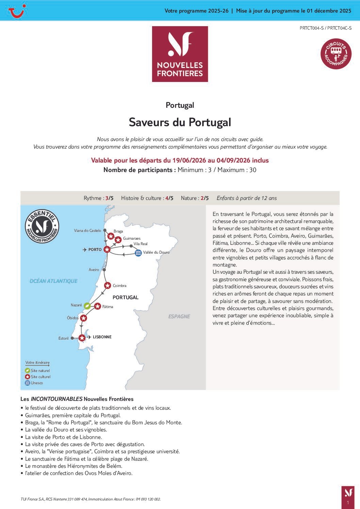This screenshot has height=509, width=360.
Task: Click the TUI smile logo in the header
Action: (17, 11)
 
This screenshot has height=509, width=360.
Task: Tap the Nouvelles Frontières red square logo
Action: (180, 54)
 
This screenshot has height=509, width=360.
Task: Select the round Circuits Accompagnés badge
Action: (336, 53)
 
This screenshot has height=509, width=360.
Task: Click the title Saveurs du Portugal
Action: (180, 122)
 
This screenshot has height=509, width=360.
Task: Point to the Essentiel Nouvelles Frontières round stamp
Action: (42, 226)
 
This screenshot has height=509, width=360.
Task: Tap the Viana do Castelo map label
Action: (87, 231)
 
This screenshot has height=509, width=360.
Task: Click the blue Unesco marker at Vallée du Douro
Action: (138, 253)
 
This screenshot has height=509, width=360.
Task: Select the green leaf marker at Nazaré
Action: (87, 306)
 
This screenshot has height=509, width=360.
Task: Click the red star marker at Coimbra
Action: (108, 286)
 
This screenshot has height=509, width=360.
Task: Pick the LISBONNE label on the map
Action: (102, 337)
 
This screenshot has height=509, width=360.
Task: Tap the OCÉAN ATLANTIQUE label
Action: (53, 281)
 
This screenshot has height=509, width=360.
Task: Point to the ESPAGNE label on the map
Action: (179, 316)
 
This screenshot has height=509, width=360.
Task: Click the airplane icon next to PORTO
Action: (84, 250)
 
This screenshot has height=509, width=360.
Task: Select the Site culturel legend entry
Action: (40, 377)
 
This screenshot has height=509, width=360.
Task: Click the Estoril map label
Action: (63, 338)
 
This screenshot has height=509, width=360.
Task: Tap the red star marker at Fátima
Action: (98, 306)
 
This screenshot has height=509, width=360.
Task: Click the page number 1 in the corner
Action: (348, 503)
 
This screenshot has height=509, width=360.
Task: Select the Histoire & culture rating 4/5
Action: (169, 198)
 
